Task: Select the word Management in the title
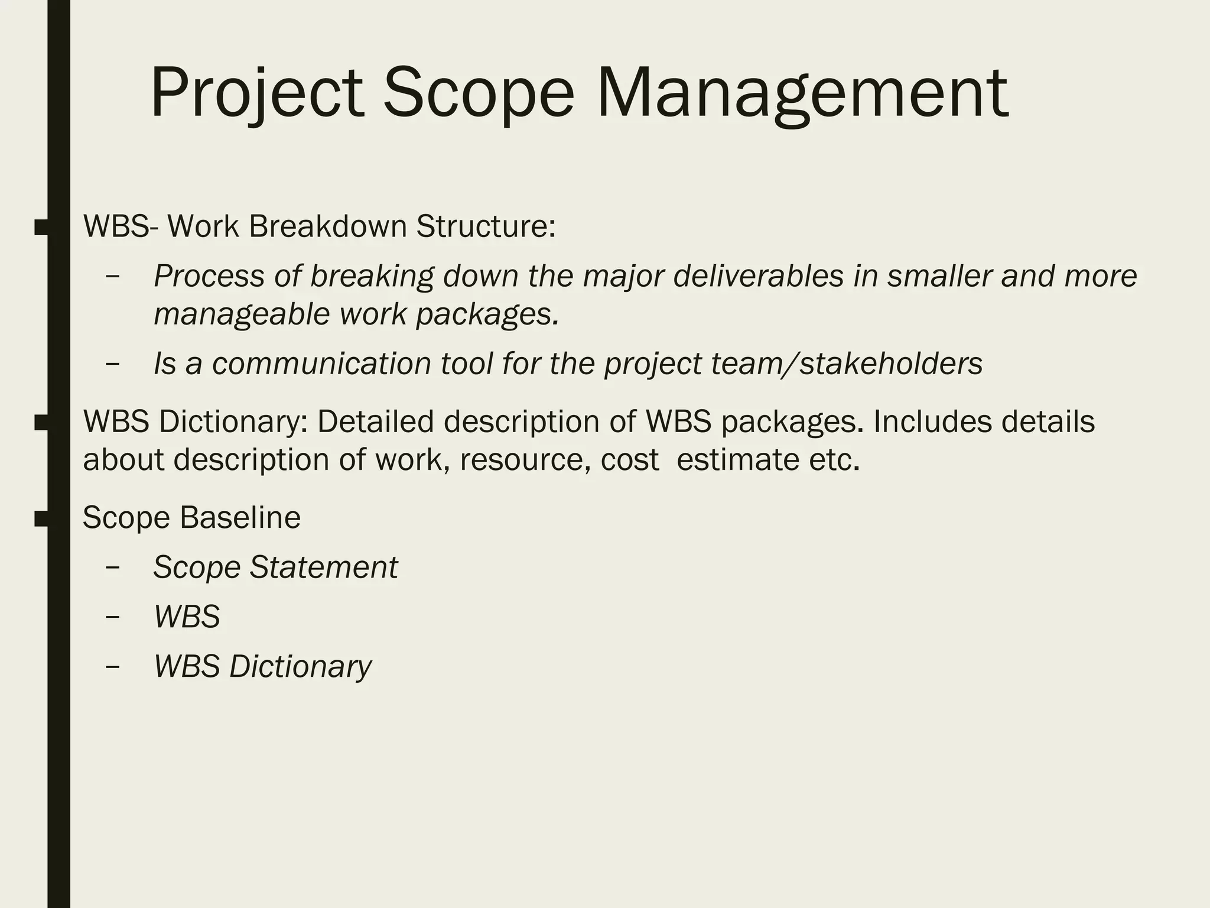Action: pyautogui.click(x=802, y=93)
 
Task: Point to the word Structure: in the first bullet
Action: pyautogui.click(x=486, y=226)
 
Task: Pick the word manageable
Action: pyautogui.click(x=242, y=314)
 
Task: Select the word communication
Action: pyautogui.click(x=321, y=363)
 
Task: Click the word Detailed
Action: pyautogui.click(x=376, y=421)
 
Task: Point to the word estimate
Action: pyautogui.click(x=737, y=459)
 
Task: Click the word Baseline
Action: pyautogui.click(x=240, y=517)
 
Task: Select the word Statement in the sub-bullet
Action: pyautogui.click(x=324, y=567)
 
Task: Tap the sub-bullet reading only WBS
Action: pyautogui.click(x=187, y=617)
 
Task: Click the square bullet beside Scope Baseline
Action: pyautogui.click(x=41, y=518)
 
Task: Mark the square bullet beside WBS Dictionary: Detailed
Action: pyautogui.click(x=41, y=423)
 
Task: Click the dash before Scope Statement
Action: pyautogui.click(x=112, y=567)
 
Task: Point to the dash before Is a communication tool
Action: pyautogui.click(x=112, y=363)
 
